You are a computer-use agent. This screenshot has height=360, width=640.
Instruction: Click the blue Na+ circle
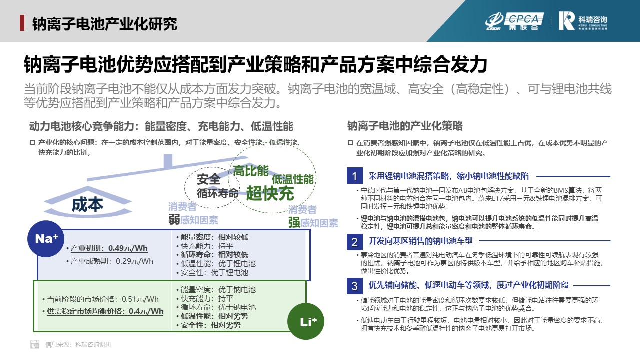pos(46,239)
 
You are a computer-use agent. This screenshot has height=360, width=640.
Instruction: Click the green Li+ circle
pos(306,321)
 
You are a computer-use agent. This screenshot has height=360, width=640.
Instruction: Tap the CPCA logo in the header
pos(515,21)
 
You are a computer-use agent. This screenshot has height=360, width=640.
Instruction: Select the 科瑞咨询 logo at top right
pos(583,21)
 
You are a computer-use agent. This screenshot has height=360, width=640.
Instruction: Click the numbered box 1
pos(355,175)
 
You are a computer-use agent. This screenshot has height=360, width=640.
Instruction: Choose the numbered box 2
pos(355,242)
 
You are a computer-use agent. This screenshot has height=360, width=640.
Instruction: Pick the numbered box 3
pos(355,286)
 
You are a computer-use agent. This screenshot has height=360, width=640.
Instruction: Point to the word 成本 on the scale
pos(87,205)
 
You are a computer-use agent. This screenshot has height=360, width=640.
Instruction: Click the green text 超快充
pos(270,193)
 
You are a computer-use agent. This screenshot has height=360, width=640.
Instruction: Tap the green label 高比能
pos(251,171)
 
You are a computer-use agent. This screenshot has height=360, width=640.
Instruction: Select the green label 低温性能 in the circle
pos(293,179)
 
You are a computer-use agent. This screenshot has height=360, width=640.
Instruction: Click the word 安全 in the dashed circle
pos(209,179)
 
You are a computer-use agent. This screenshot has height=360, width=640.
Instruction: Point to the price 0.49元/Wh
pos(128,248)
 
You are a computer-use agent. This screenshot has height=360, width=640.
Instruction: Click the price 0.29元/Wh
pos(134,261)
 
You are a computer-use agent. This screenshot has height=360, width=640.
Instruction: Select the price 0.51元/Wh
pos(140,299)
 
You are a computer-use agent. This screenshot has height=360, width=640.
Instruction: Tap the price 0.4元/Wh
pos(146,311)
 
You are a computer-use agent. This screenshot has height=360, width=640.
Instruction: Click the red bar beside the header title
pos(22,23)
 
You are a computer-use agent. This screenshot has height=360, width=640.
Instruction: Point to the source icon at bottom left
pos(35,344)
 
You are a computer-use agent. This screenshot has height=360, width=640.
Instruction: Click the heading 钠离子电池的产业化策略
pos(405,126)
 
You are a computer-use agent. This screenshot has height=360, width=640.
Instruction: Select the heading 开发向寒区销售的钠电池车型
pos(421,241)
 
